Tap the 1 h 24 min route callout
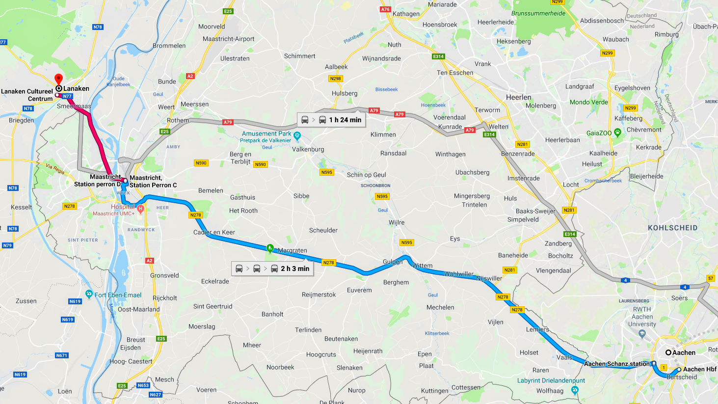point(331,120)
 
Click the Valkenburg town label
point(308,149)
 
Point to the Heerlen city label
point(518,97)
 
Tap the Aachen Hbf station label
point(699,369)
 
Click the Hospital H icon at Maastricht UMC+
point(140,209)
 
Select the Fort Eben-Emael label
point(118,295)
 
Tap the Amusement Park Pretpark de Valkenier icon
point(297,135)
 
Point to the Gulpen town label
point(392,262)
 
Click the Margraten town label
point(292,250)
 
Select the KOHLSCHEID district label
point(672,228)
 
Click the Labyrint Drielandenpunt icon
point(575,390)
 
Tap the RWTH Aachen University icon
point(642,334)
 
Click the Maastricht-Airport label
point(228,39)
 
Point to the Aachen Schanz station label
point(616,364)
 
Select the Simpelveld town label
point(523,219)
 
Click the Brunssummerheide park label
point(538,13)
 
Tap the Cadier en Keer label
point(214,232)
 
